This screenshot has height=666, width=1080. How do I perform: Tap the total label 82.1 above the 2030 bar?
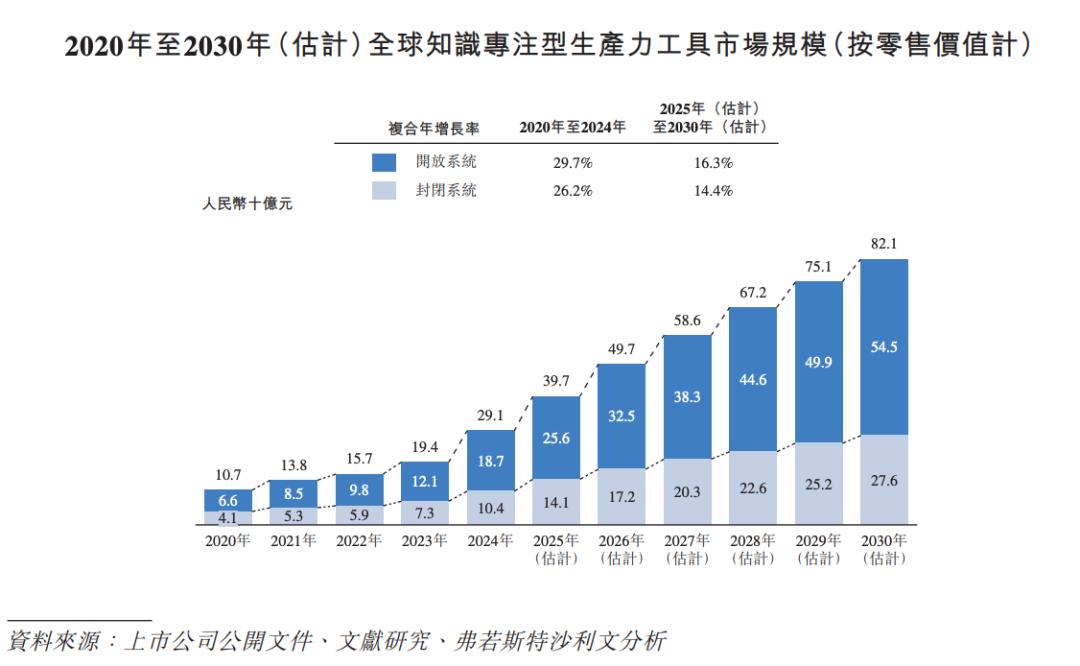click(884, 243)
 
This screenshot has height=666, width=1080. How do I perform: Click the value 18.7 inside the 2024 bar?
click(491, 461)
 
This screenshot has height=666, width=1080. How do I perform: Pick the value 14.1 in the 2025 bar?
click(556, 504)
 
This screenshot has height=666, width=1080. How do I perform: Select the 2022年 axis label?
click(359, 541)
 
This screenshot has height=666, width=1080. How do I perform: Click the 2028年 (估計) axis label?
click(753, 549)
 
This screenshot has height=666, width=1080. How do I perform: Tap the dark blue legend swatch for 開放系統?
click(386, 162)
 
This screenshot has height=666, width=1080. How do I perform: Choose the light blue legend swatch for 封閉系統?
click(386, 190)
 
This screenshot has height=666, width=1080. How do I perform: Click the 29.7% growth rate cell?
click(573, 162)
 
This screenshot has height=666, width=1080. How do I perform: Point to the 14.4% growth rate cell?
click(713, 190)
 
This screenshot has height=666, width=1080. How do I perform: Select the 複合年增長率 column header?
click(433, 128)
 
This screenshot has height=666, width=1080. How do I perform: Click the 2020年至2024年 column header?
click(573, 128)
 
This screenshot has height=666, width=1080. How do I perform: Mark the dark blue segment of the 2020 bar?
click(228, 500)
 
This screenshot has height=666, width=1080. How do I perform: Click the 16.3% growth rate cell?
click(713, 162)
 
